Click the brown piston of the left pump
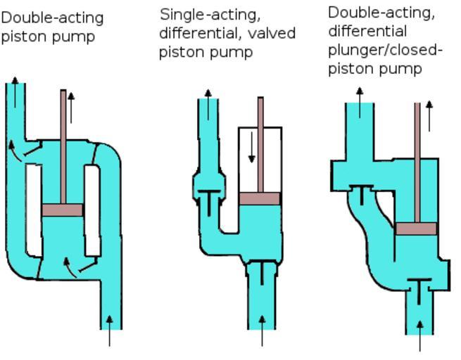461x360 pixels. [x=63, y=210]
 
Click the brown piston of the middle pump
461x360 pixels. [x=260, y=198]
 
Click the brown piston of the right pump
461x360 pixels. [x=416, y=229]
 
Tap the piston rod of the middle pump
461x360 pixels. [x=260, y=141]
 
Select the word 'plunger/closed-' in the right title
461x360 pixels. [x=385, y=50]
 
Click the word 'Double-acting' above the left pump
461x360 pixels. [x=53, y=18]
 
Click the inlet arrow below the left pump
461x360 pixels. [x=109, y=330]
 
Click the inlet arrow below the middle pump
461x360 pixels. [x=263, y=331]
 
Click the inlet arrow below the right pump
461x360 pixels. [x=421, y=335]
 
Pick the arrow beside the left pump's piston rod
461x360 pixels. [x=71, y=105]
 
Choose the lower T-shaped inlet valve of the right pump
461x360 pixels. [x=419, y=288]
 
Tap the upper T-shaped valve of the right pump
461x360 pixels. [x=362, y=192]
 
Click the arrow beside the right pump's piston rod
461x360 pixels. [x=430, y=115]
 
